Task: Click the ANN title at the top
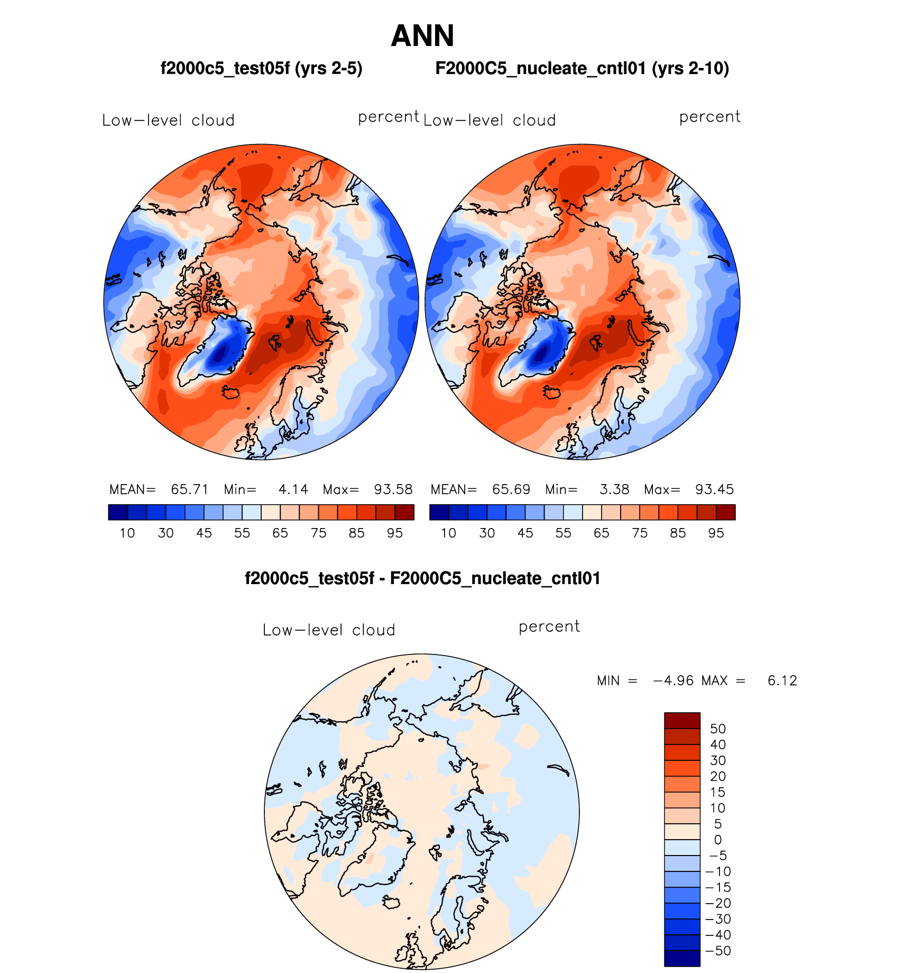click(422, 36)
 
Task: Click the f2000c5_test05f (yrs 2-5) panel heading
click(261, 68)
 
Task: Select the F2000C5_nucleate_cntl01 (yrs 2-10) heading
click(582, 68)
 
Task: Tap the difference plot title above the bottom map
click(422, 578)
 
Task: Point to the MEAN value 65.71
click(189, 489)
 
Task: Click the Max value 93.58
click(393, 489)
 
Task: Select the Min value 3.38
click(614, 489)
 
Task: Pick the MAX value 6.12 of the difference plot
click(782, 680)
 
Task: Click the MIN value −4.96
click(674, 680)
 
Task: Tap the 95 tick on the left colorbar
click(394, 533)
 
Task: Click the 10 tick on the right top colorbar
click(448, 533)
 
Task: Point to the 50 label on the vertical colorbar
click(717, 729)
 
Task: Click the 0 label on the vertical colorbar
click(717, 840)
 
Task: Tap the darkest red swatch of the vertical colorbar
click(682, 721)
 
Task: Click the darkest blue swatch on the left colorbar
click(118, 512)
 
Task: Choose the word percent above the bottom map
click(549, 627)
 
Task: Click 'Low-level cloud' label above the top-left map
click(168, 121)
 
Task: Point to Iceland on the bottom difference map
click(392, 902)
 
